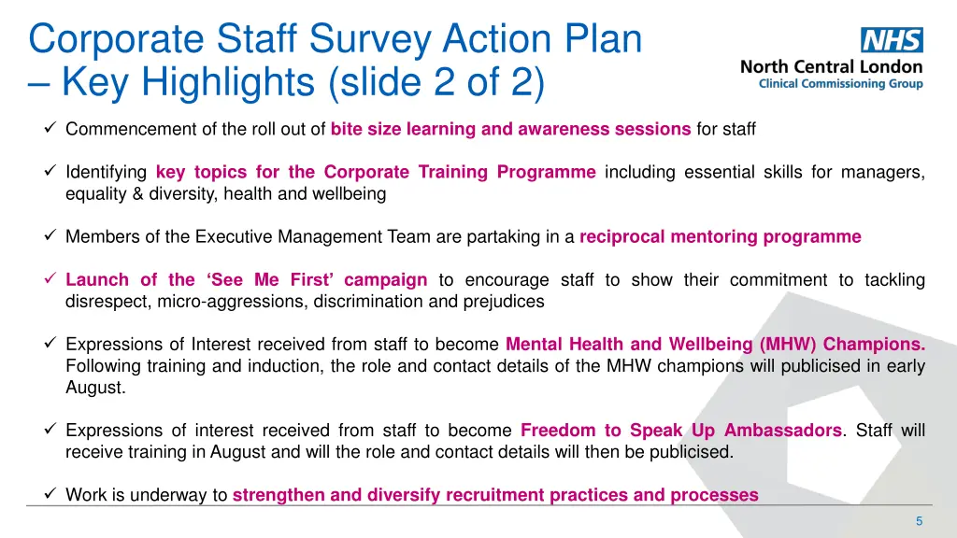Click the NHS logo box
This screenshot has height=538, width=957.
click(892, 40)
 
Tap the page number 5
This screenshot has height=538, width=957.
click(919, 520)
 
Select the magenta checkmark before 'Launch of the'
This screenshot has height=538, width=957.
click(51, 279)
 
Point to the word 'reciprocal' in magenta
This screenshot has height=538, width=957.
click(621, 236)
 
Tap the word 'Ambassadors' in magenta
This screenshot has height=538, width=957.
click(782, 431)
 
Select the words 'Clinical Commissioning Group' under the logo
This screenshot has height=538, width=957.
click(840, 84)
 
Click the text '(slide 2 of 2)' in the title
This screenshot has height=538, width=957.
click(436, 82)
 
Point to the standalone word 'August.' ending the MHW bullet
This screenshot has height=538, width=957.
click(94, 387)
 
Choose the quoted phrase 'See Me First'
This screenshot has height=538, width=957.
click(277, 279)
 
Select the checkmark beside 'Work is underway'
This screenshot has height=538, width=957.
click(51, 495)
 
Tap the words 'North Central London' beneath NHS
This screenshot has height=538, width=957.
click(831, 66)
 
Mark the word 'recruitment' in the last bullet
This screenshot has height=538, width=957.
click(498, 495)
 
